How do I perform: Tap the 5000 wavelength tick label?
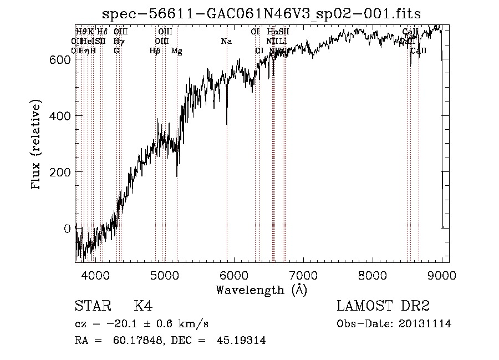tap(165, 275)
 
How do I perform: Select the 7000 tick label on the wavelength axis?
tap(303, 275)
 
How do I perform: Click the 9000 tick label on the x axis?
tap(441, 275)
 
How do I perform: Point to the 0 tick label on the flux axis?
tap(67, 229)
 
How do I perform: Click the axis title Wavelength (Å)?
tap(261, 290)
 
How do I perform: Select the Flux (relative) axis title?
tap(37, 146)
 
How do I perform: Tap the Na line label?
tap(226, 42)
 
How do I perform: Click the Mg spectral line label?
tap(176, 51)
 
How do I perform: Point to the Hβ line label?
tap(155, 51)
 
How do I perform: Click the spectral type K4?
tap(143, 306)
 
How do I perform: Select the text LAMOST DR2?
tap(383, 306)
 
